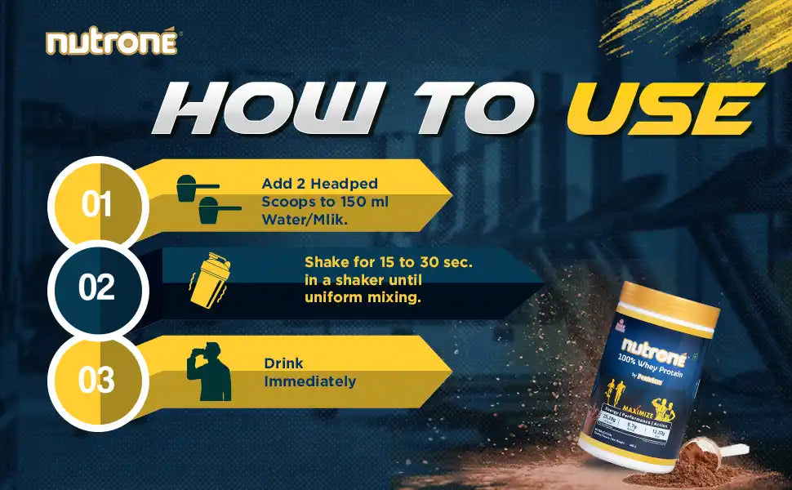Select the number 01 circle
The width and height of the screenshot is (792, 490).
coord(97,204)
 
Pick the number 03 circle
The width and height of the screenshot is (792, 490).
coord(97,380)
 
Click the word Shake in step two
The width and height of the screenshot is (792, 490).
coord(323,263)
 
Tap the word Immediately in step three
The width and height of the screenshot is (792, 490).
coord(309,381)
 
